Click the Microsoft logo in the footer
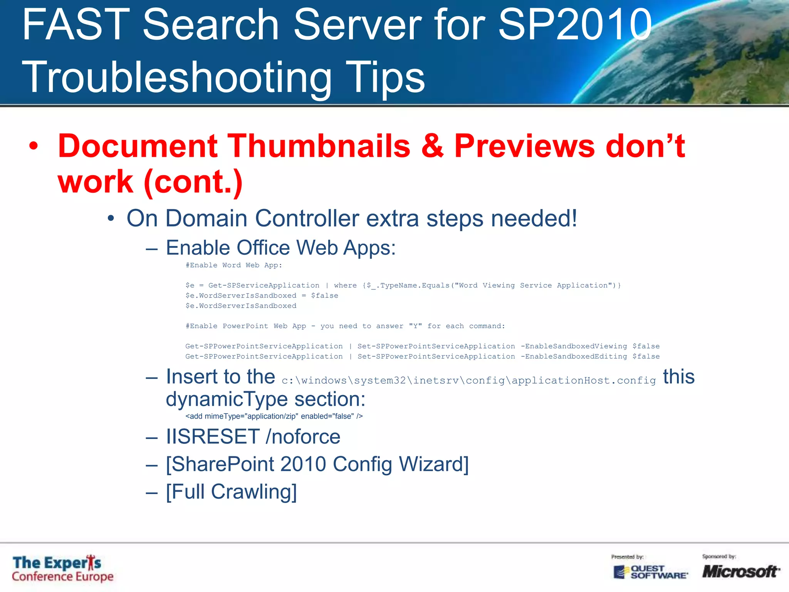click(740, 571)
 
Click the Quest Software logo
click(651, 572)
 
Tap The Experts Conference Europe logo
click(62, 569)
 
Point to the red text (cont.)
click(193, 182)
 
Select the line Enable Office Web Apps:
click(280, 248)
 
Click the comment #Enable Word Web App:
click(234, 265)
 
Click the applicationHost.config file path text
click(468, 380)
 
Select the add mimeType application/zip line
click(274, 416)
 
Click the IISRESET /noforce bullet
click(253, 437)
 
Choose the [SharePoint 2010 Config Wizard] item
click(317, 464)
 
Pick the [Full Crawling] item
click(231, 492)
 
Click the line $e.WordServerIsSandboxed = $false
click(262, 296)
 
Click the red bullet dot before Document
click(34, 146)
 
